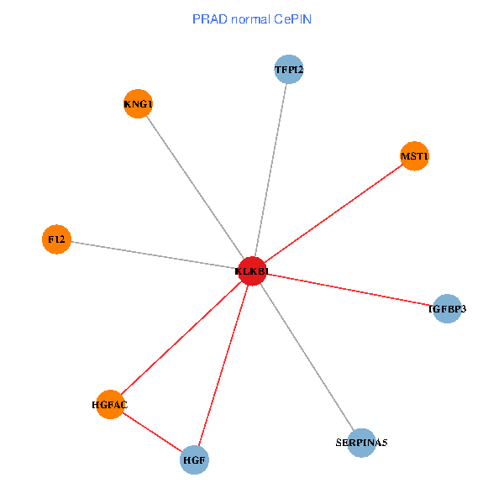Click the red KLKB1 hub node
click(x=252, y=271)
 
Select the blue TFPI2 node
click(x=288, y=69)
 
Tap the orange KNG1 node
click(x=138, y=104)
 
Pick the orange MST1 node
click(x=414, y=156)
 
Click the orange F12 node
click(x=56, y=239)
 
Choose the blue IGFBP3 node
click(x=447, y=309)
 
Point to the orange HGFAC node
click(x=110, y=404)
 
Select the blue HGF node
click(x=195, y=459)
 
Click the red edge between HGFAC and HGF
click(x=152, y=432)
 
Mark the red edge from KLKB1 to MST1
click(x=333, y=213)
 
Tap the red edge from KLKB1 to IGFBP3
click(x=349, y=290)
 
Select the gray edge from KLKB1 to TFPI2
click(x=270, y=170)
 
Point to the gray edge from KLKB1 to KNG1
click(x=195, y=187)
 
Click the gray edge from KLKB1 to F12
click(x=154, y=255)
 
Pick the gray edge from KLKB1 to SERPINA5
click(x=307, y=357)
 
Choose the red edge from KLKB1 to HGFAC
click(x=181, y=338)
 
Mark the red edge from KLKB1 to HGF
click(x=223, y=365)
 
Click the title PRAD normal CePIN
click(x=251, y=18)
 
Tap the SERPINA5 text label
click(x=361, y=442)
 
